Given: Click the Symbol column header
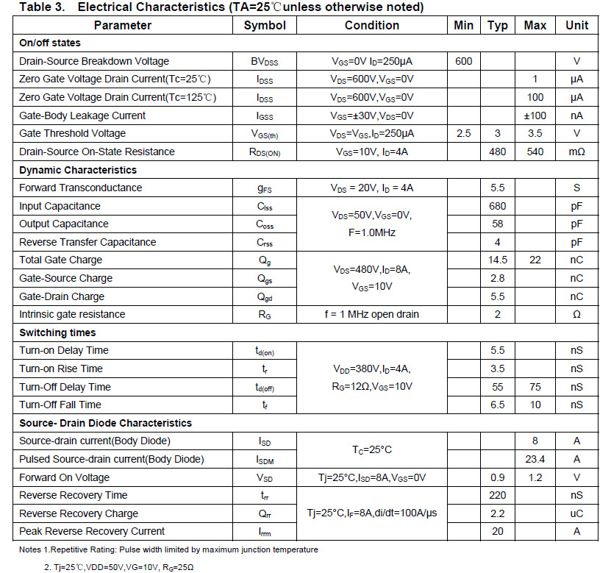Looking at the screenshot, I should point(265,25).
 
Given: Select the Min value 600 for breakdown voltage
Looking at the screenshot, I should point(464,61).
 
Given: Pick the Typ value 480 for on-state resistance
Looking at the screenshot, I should point(498,152).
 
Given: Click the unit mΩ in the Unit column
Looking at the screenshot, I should point(576,152).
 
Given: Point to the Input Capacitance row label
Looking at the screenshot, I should point(60,206).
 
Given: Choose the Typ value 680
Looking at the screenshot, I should point(498,206).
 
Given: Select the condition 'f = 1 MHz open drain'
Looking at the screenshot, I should point(372,314).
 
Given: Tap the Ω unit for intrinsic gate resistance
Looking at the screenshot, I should point(576,314).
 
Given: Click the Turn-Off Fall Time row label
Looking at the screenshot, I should point(60,405).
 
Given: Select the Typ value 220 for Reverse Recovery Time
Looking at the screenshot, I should point(498,495).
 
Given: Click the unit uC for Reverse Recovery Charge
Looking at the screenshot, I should point(576,513).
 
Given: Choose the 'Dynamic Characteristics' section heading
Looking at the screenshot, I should point(78,170).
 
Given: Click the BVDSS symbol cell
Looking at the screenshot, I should point(265,62).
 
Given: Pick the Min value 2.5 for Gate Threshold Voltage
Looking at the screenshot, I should point(464,133).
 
